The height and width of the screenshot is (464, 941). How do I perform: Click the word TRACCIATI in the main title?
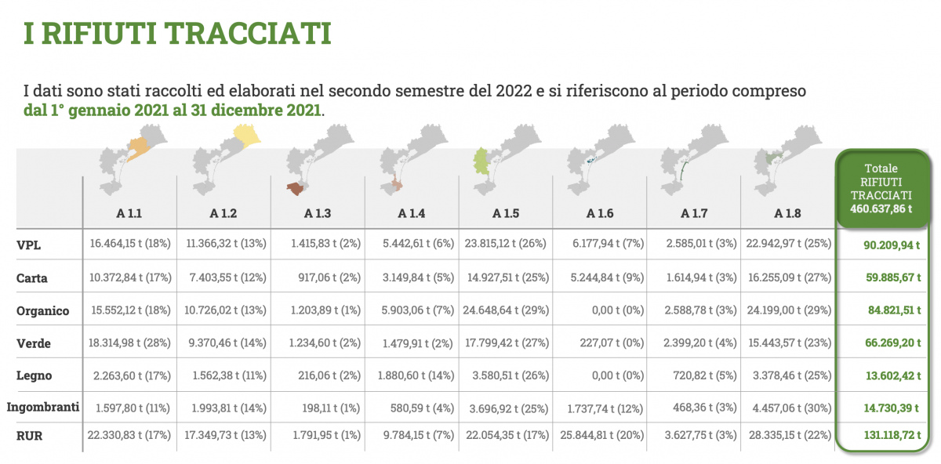[248, 34]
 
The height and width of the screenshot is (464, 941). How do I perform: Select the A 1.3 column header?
[317, 213]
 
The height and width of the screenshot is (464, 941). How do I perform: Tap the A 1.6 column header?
[599, 213]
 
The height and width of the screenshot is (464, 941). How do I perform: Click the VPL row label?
[28, 245]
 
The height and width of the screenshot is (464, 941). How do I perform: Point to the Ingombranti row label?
[43, 407]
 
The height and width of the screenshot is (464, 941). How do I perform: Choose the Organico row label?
[42, 310]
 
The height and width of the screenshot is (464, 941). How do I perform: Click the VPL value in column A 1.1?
[130, 244]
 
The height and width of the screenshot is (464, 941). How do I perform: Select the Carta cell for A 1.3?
[329, 277]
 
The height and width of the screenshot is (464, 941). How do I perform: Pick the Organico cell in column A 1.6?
[618, 310]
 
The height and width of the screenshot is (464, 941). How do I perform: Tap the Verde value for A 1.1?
[129, 343]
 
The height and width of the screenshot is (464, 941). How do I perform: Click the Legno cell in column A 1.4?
[416, 375]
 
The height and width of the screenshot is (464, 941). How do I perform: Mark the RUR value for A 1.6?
[601, 435]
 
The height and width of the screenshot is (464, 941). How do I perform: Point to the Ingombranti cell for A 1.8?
[791, 408]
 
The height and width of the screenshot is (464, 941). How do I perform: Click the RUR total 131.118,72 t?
[892, 435]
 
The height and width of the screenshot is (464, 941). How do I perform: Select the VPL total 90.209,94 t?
[892, 245]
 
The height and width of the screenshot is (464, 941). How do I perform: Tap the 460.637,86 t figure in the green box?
[881, 208]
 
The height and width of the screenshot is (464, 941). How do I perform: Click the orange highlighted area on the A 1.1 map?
[138, 149]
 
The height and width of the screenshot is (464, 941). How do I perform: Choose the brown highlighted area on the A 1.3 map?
[296, 189]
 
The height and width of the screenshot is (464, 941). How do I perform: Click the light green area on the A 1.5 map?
[481, 161]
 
